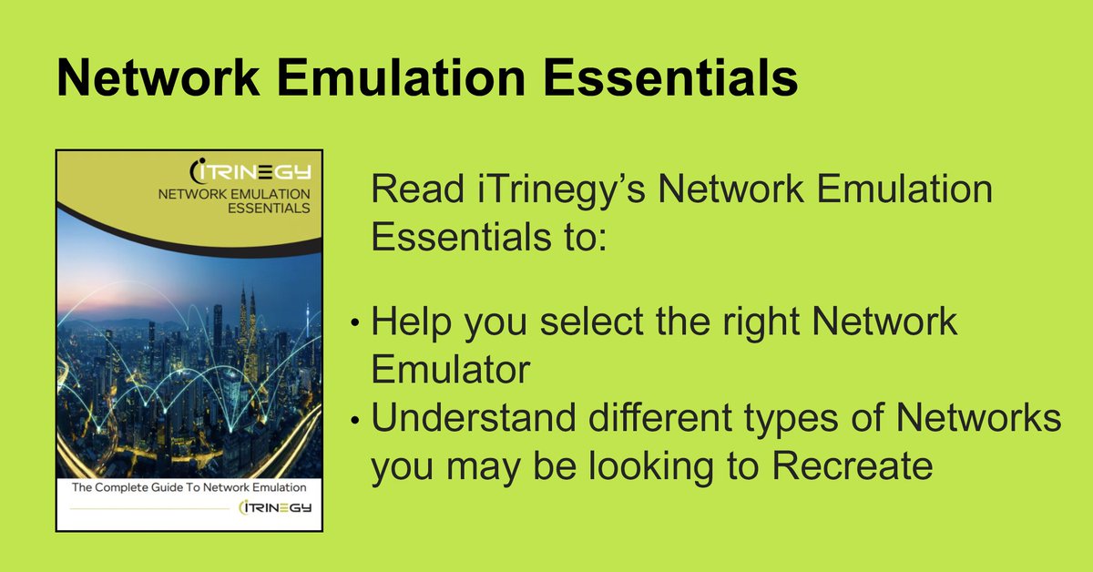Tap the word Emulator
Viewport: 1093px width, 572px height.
coord(450,369)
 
